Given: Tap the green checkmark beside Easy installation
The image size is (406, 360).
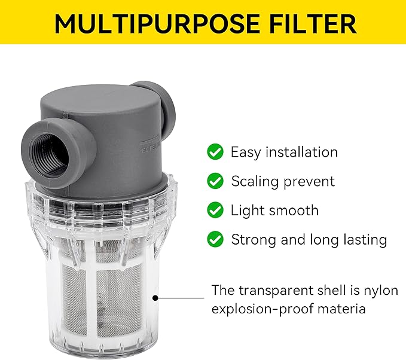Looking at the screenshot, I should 215,152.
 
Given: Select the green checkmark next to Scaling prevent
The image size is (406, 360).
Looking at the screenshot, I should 215,181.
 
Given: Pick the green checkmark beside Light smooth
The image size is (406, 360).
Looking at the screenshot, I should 215,210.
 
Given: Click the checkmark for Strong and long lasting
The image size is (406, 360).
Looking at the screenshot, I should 215,239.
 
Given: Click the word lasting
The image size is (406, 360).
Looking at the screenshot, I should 363,239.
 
